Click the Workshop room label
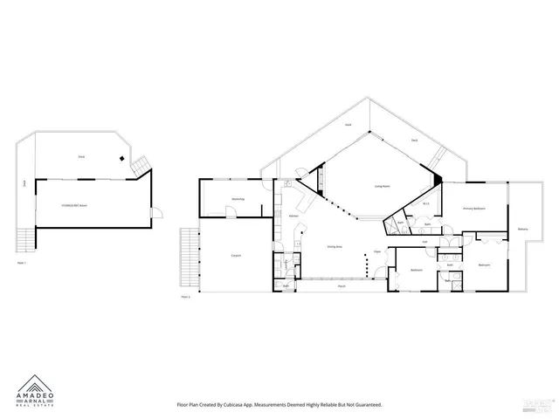pyautogui.click(x=237, y=200)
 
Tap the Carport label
pyautogui.click(x=236, y=255)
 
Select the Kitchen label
pyautogui.click(x=291, y=216)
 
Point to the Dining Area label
pyautogui.click(x=334, y=247)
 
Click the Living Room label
pyautogui.click(x=382, y=186)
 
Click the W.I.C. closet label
pyautogui.click(x=424, y=203)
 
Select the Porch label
pyautogui.click(x=342, y=286)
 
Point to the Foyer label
pyautogui.click(x=377, y=251)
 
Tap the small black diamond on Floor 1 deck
pyautogui.click(x=121, y=158)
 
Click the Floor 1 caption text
pyautogui.click(x=22, y=261)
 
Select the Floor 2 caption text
pyautogui.click(x=185, y=297)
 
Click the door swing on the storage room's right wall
pyautogui.click(x=155, y=214)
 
